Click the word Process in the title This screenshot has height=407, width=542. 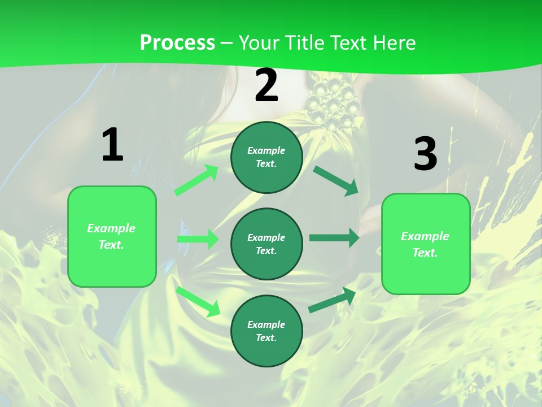coord(177,43)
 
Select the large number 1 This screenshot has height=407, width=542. coord(112,145)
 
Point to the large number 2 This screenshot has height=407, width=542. coord(266,86)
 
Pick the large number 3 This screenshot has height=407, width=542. coord(425,154)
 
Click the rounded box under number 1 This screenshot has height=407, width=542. coord(112,236)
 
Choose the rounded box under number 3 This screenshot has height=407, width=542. coord(426,244)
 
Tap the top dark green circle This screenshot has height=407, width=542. coord(266,157)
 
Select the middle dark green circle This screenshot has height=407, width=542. coord(266,244)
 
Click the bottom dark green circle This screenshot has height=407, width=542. coord(266,331)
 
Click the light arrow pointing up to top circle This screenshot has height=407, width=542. coord(196,180)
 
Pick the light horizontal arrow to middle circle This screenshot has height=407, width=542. coord(198,239)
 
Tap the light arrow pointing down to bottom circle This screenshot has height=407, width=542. coord(198,301)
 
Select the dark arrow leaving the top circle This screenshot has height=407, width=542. coord(335,180)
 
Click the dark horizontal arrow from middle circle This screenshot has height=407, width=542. coord(334,238)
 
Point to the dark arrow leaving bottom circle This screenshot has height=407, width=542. coord(332,300)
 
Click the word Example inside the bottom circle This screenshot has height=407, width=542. coord(266,324)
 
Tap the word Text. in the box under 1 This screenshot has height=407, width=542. coord(112,245)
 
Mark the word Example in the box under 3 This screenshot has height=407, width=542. coord(425,236)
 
